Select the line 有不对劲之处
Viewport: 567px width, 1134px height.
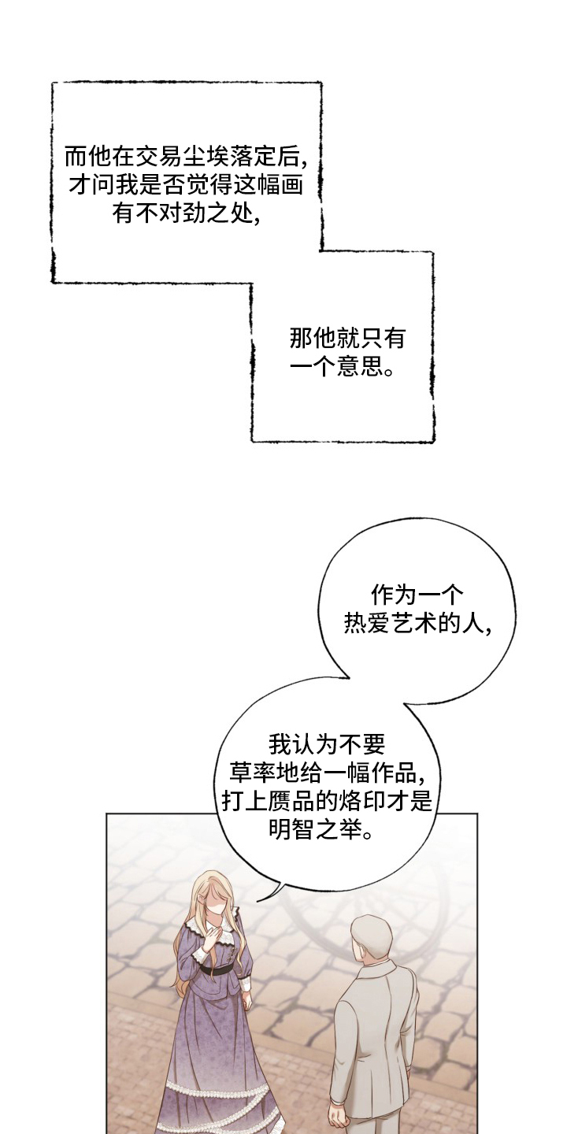(x=187, y=213)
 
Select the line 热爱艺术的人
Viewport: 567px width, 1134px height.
(x=418, y=623)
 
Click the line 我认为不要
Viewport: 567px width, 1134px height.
(x=326, y=743)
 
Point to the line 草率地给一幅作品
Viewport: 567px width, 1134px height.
(x=328, y=773)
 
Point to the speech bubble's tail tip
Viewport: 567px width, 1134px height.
(x=259, y=898)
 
